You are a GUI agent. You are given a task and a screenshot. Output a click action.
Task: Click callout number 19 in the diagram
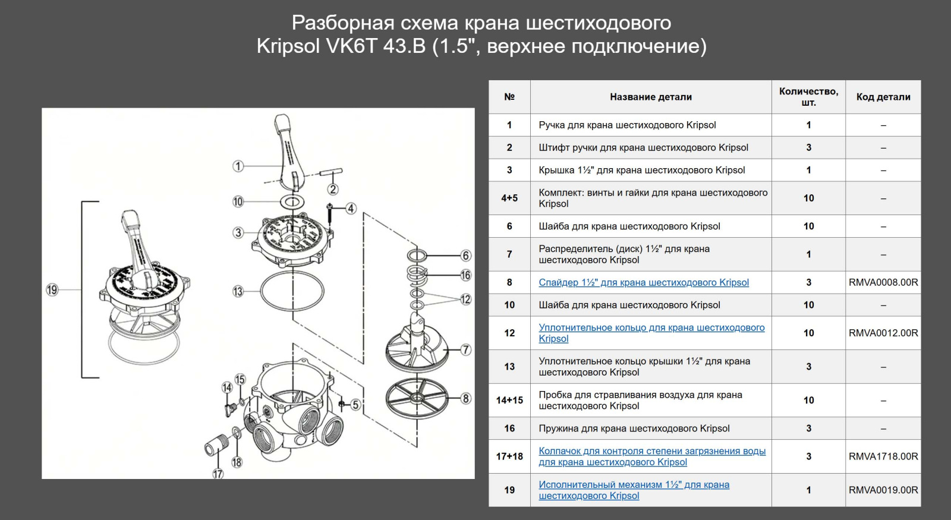coord(52,290)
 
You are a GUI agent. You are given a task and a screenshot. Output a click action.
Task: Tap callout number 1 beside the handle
coord(238,166)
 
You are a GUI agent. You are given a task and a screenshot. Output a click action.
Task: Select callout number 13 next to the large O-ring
coord(238,291)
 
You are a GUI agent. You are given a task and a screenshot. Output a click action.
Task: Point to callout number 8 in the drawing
coord(465,398)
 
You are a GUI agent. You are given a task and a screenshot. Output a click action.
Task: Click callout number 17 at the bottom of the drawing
coord(218,474)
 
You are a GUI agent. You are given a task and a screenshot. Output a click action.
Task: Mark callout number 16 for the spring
coord(465,275)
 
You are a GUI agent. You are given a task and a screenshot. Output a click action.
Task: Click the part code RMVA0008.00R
coord(883,282)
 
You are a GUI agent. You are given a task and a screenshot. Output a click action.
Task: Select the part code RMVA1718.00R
coord(883,456)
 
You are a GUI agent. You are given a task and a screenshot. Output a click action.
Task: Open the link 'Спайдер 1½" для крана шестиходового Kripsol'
coord(643,282)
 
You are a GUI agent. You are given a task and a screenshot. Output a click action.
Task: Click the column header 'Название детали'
coord(650,97)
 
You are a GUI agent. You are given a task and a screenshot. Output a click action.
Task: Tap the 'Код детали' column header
coord(883,97)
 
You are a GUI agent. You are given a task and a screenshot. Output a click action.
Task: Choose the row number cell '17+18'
coord(509,456)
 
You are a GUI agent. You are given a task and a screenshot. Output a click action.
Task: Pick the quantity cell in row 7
coord(808,254)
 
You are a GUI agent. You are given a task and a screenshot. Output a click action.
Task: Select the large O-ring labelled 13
coord(292,292)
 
